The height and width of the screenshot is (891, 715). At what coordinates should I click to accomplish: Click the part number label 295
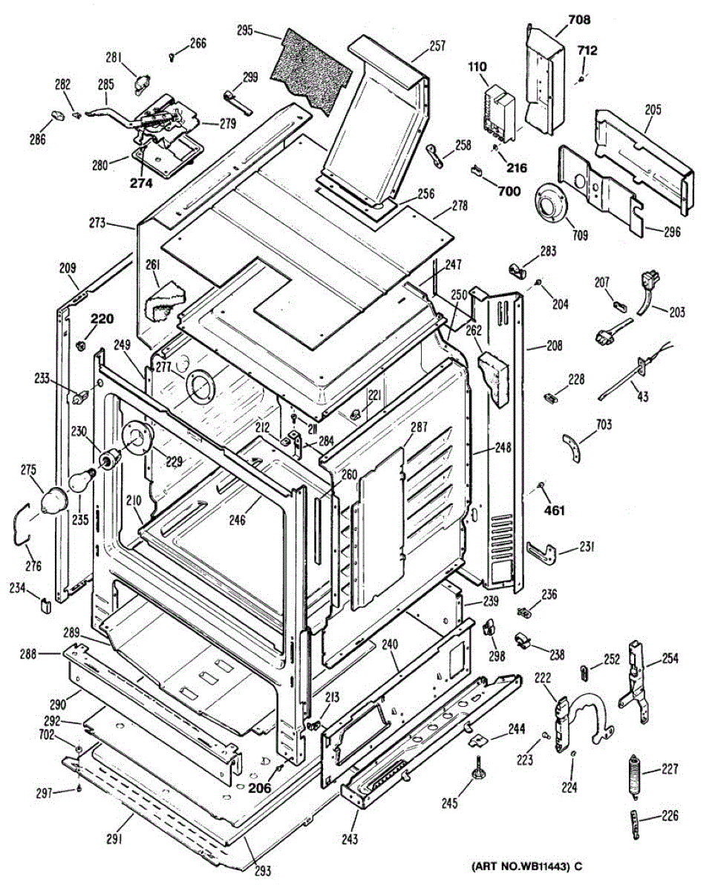(246, 31)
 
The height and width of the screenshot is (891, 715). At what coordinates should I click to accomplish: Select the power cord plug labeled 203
(651, 283)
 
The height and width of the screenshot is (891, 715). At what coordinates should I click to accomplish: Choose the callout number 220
(102, 320)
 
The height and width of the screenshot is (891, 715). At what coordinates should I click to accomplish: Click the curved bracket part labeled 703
(573, 446)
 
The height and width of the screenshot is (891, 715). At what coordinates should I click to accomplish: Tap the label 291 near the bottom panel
(113, 840)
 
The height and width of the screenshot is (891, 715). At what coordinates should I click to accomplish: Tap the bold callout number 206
(260, 789)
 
